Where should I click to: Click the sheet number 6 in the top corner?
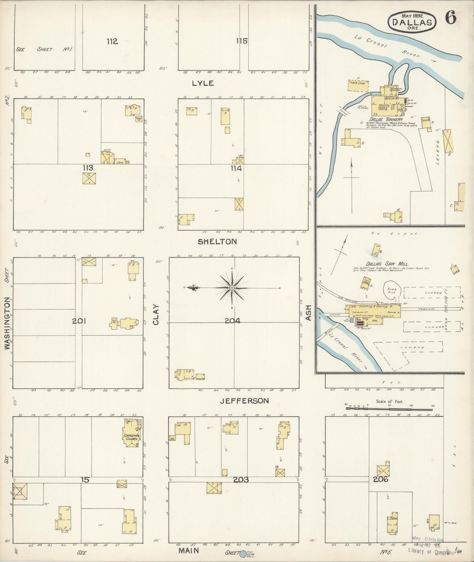(x=450, y=18)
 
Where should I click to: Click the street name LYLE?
(x=203, y=83)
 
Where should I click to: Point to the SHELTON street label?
(x=217, y=241)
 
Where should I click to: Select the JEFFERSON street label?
(x=244, y=401)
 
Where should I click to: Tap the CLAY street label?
(x=155, y=314)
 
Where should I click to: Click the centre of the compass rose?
(x=232, y=288)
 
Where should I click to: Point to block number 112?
(x=112, y=41)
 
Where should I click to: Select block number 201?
(x=79, y=321)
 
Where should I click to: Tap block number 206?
(x=381, y=479)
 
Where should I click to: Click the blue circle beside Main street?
(x=243, y=554)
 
